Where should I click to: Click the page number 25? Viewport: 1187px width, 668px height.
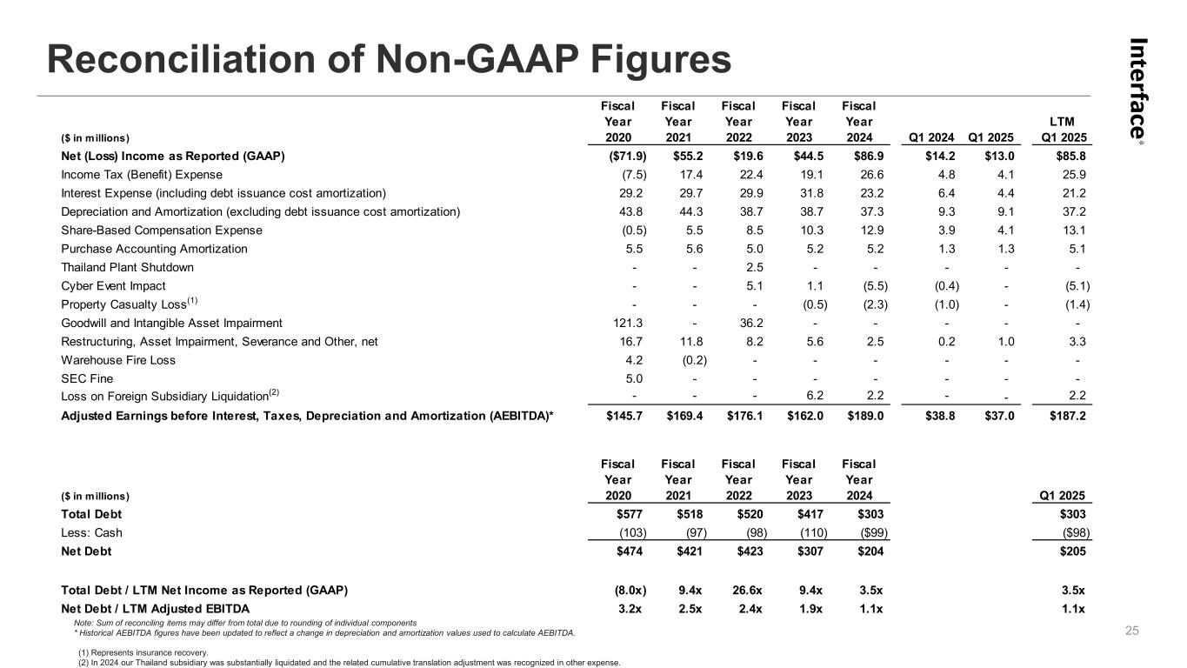click(1131, 631)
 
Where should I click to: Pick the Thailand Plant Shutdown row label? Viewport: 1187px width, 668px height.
click(127, 267)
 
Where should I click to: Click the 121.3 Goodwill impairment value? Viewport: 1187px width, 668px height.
click(617, 323)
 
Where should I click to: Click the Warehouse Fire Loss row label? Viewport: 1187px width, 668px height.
click(117, 359)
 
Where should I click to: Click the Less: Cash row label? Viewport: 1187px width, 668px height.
click(91, 532)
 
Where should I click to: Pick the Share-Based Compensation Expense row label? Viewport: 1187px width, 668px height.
click(161, 230)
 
